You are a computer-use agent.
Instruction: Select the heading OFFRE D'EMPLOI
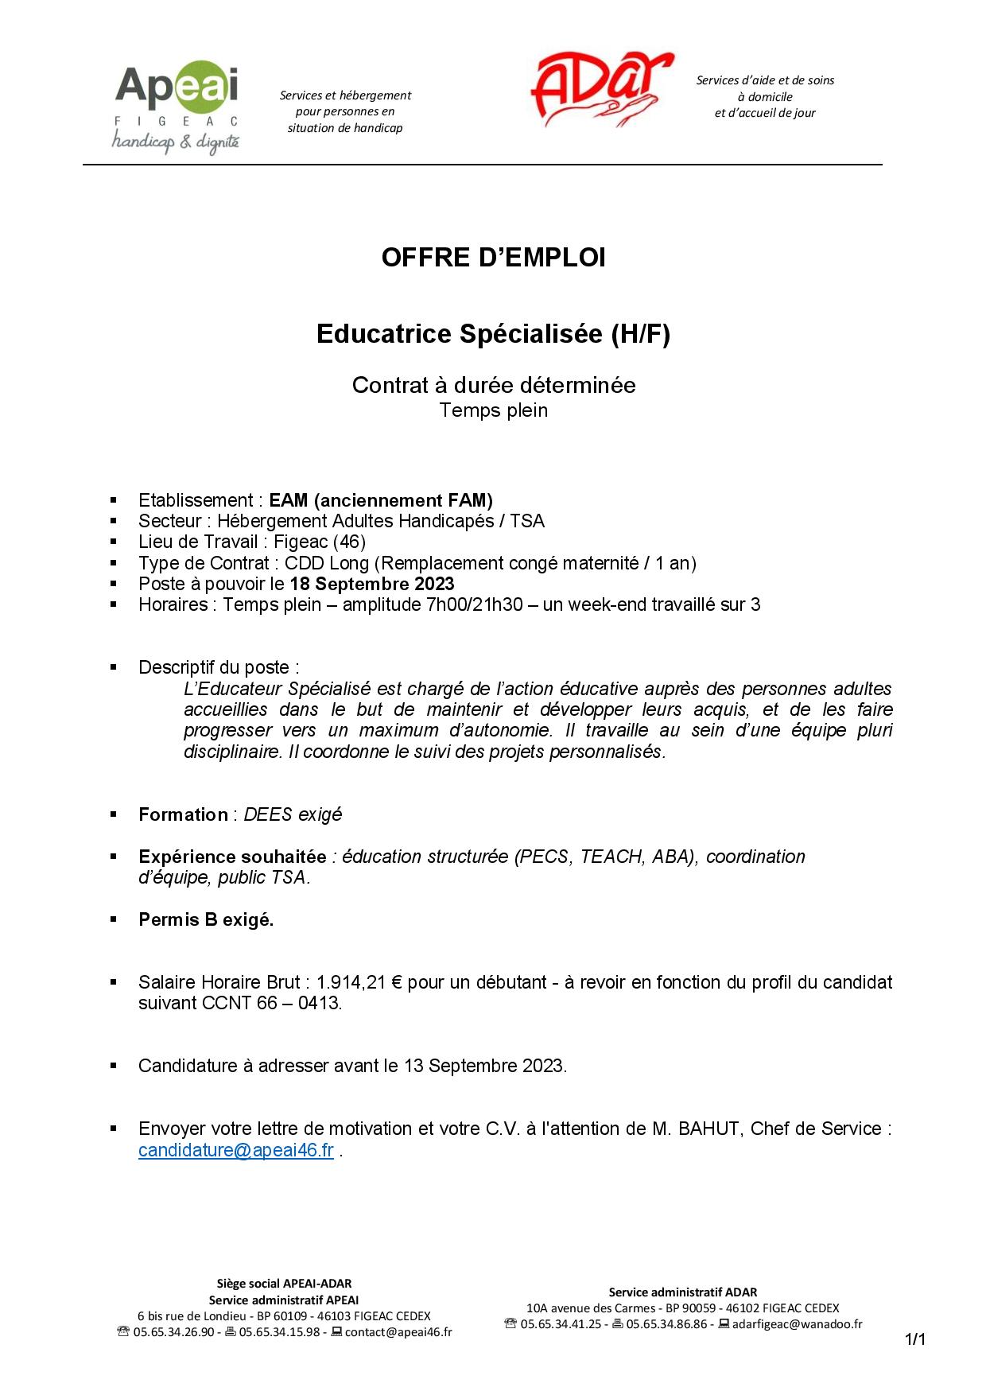point(493,258)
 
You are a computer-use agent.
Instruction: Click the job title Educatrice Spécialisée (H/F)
point(493,334)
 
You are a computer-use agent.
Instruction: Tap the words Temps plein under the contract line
point(494,410)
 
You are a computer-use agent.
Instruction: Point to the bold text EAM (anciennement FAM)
point(381,500)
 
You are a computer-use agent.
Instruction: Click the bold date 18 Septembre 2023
point(372,584)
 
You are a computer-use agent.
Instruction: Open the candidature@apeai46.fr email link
point(235,1150)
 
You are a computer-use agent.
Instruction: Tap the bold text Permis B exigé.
point(206,919)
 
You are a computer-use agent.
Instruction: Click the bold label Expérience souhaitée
point(232,857)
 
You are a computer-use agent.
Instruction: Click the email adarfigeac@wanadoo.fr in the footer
point(797,1324)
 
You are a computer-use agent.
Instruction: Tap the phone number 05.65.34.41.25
point(561,1324)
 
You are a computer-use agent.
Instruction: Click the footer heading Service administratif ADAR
point(683,1292)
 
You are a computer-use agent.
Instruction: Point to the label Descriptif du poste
point(219,667)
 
